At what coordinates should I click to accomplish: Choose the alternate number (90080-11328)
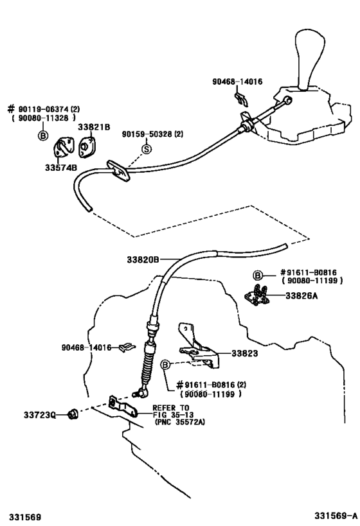[45, 118]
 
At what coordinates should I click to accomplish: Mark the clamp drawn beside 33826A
[259, 297]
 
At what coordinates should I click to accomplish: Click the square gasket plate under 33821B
[86, 146]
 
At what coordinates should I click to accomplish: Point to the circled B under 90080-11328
[42, 136]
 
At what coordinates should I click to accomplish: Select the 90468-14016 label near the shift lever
[239, 82]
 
